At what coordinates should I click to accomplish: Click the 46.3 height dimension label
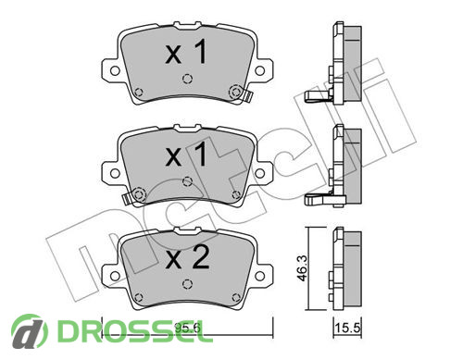click(303, 268)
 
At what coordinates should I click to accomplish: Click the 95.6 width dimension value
click(187, 329)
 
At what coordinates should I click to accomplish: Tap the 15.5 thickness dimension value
click(347, 329)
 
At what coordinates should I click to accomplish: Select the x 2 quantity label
click(187, 258)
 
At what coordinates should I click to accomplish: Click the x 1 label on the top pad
click(186, 53)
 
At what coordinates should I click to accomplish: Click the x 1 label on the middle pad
click(186, 155)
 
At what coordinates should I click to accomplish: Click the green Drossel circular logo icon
click(30, 331)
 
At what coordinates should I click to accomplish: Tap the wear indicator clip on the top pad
click(248, 96)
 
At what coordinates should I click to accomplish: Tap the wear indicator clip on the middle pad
click(126, 199)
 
